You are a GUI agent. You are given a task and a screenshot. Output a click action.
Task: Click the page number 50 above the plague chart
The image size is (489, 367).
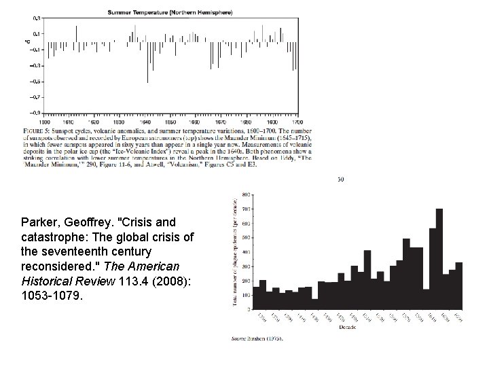coord(342,180)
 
